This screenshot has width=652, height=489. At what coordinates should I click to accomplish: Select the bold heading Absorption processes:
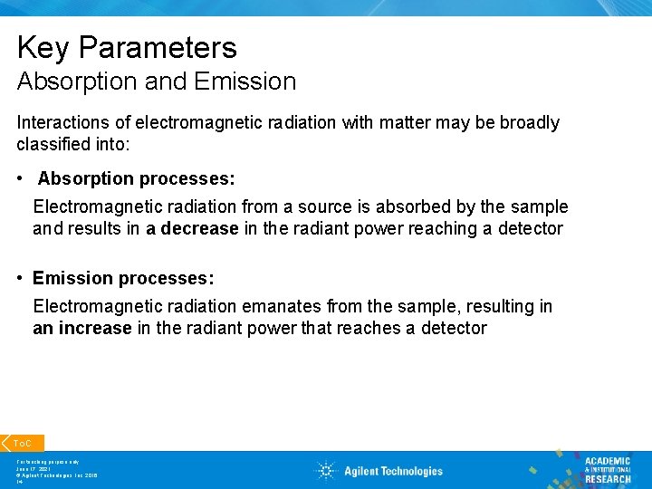click(136, 179)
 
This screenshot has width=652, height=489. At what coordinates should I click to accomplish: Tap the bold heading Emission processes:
click(122, 278)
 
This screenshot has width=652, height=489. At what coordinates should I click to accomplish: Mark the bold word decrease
click(199, 229)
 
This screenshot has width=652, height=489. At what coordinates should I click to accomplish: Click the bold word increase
click(95, 328)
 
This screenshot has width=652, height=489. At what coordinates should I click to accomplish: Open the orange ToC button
click(22, 443)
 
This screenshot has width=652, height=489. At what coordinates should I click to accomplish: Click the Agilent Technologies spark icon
click(325, 470)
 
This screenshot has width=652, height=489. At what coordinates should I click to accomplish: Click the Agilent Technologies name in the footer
click(393, 471)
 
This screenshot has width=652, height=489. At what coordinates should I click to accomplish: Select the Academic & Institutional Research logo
click(607, 470)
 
